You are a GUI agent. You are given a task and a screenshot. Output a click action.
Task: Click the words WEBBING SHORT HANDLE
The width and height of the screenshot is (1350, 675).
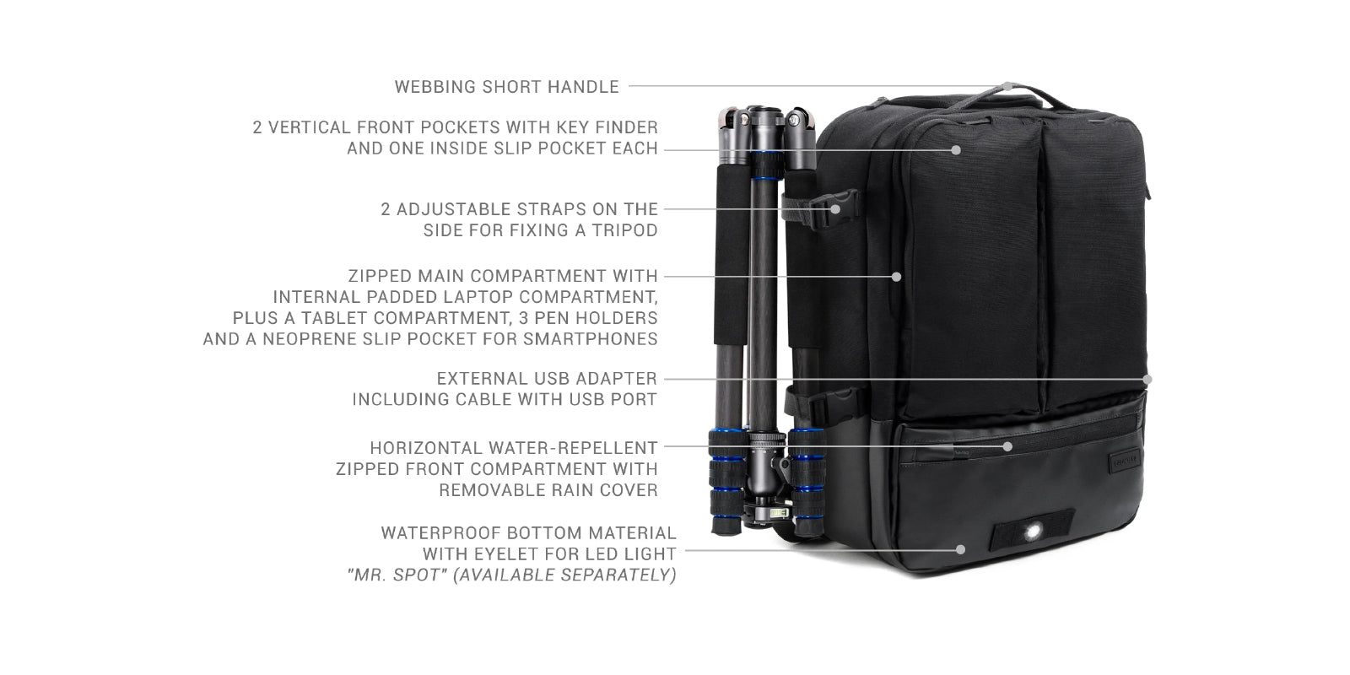pos(506,87)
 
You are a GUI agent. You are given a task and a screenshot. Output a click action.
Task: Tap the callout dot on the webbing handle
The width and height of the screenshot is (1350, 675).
pos(1007,86)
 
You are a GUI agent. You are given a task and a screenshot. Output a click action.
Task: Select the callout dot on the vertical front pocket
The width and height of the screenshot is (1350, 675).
pos(956,150)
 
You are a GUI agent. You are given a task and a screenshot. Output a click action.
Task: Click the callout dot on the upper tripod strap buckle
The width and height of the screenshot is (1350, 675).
pos(835,209)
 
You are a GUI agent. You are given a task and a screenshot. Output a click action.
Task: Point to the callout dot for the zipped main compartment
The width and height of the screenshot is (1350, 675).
pos(896,277)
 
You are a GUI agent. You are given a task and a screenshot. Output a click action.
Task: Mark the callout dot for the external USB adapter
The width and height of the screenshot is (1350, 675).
pos(1147,379)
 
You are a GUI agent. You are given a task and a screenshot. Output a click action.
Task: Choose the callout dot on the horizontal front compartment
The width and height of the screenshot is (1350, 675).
pos(1007,446)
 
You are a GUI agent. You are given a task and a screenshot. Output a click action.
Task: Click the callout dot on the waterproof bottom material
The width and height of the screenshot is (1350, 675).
pos(961,549)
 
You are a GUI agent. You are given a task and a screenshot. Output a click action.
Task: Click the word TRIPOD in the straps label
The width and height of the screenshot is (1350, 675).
pos(624,230)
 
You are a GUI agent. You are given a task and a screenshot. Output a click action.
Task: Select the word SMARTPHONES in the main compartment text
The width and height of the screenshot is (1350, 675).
pos(590,338)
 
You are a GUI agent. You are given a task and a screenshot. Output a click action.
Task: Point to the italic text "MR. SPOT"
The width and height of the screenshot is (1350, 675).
pos(397,575)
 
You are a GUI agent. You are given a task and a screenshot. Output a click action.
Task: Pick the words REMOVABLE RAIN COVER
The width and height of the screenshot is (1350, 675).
pos(548,490)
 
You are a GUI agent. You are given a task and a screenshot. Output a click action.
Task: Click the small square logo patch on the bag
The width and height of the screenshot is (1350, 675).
pos(1124,461)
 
